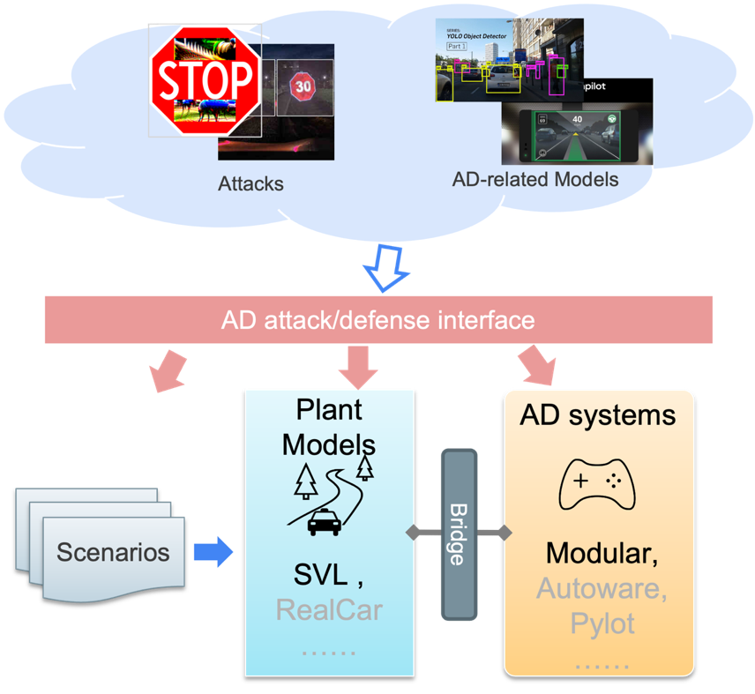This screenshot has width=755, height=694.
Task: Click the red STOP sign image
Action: point(206,80)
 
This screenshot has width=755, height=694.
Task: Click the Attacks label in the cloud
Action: point(251,184)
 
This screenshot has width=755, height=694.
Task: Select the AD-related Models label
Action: point(535,179)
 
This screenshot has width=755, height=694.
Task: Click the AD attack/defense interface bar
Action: point(377,318)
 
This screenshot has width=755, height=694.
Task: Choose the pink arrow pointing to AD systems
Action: point(541,364)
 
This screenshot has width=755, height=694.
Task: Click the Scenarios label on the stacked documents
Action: point(113,553)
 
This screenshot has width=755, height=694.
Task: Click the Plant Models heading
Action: point(329,427)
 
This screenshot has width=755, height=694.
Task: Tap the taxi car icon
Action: point(325,523)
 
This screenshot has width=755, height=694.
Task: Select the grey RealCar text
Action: point(329,609)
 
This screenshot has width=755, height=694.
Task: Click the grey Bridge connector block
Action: point(459,534)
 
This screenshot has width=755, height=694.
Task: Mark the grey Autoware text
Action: point(602,588)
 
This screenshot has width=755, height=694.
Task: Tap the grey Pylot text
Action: point(602,623)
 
